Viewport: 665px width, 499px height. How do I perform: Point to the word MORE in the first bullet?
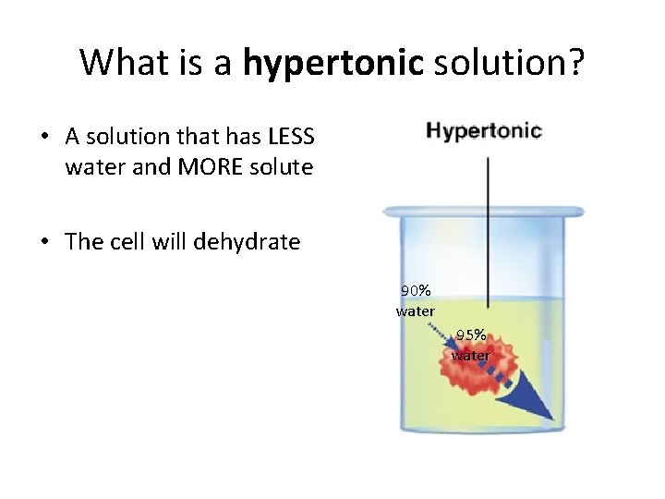(187, 168)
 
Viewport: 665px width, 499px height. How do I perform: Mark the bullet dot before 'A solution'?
(44, 138)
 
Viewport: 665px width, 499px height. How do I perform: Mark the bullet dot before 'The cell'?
(44, 242)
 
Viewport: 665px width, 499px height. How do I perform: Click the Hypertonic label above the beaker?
(483, 130)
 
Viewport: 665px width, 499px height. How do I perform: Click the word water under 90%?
(415, 311)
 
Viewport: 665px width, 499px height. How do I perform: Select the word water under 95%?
(471, 356)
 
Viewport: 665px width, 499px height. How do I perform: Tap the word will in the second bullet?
(172, 242)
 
